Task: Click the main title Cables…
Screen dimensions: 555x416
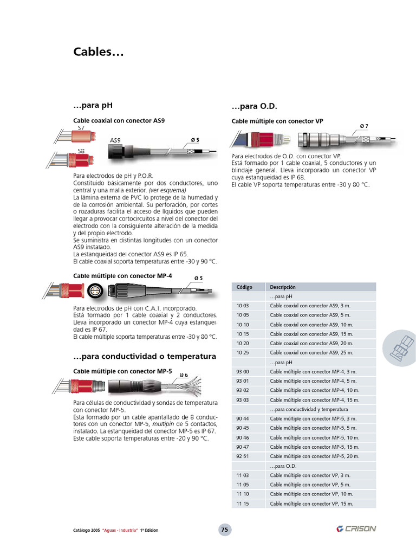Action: pos(99,53)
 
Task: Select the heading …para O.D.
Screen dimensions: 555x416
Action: pos(254,106)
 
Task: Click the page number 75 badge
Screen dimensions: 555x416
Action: pos(225,530)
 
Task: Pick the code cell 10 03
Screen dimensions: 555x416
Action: pos(243,306)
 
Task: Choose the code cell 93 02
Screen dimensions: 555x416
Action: pos(243,390)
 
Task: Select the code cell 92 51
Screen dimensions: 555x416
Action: pos(243,456)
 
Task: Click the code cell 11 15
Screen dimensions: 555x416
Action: pos(243,504)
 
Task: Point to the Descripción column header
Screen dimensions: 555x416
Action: pos(283,287)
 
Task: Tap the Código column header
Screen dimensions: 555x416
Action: pos(245,287)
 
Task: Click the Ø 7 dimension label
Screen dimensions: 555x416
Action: pos(364,126)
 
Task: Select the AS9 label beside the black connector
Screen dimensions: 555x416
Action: pos(115,140)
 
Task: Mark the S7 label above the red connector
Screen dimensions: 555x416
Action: pos(81,128)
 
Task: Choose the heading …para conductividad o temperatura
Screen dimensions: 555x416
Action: pos(144,356)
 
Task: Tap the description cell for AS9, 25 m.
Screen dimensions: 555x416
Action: pos(311,352)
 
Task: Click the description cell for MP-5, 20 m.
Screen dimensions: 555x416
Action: pos(314,456)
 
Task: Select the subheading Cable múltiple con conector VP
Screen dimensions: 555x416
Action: pos(277,121)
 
